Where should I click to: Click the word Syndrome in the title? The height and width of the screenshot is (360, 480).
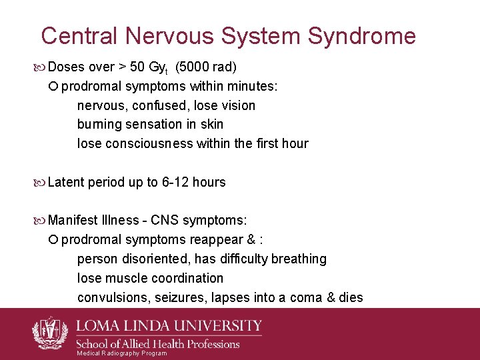[361, 36]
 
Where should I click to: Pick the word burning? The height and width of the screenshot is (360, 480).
[100, 124]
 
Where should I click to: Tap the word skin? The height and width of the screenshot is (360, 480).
[211, 124]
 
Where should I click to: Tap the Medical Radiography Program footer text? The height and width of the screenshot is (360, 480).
[122, 353]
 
